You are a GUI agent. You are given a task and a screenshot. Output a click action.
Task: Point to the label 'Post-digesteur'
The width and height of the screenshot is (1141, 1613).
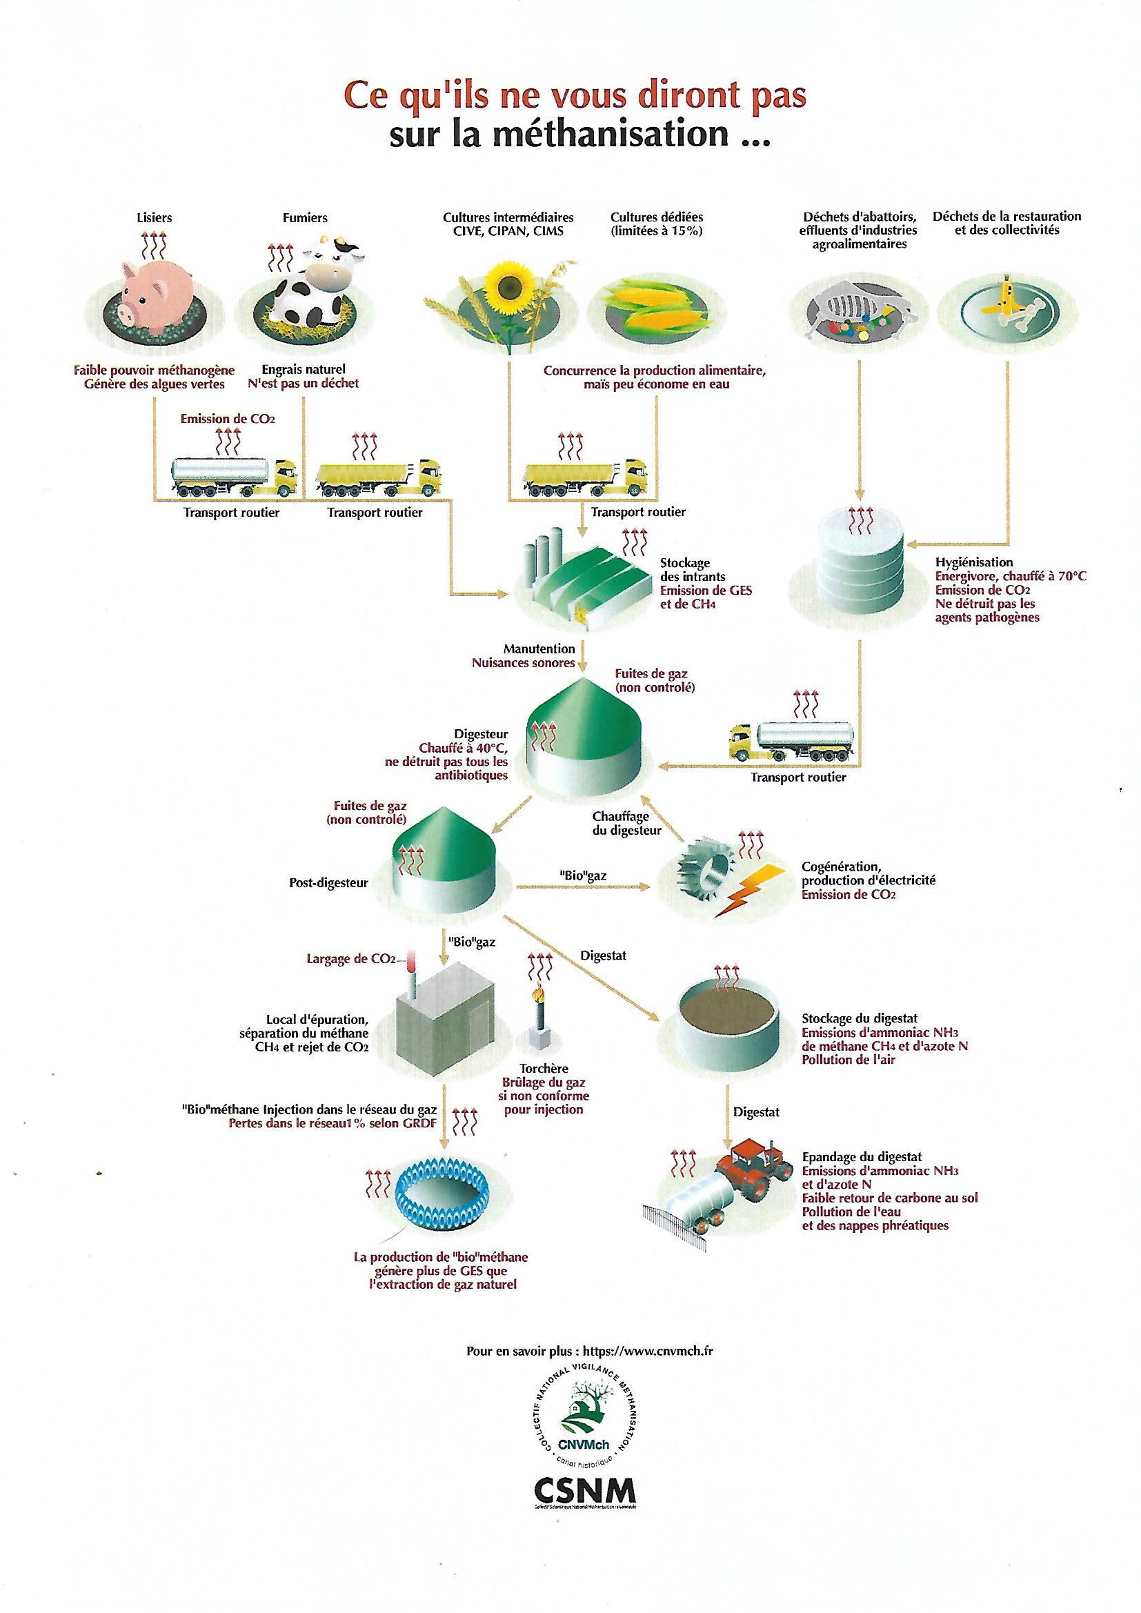click(x=329, y=883)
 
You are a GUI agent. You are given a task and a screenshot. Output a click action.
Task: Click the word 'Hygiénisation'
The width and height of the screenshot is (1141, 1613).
click(x=974, y=562)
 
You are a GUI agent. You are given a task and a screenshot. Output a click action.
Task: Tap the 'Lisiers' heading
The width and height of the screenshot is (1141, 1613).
click(x=154, y=218)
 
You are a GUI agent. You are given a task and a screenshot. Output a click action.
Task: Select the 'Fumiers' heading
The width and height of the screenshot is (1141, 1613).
click(x=305, y=218)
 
